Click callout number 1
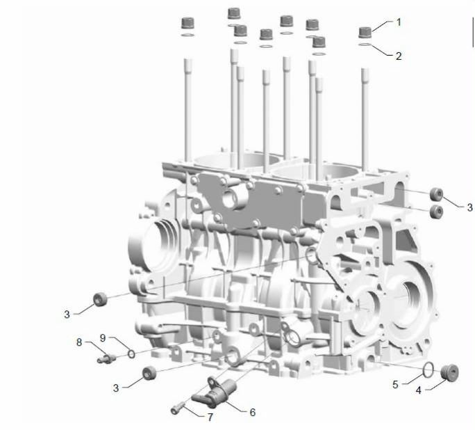click(x=399, y=22)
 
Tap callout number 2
click(x=399, y=56)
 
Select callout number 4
click(x=418, y=390)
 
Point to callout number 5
click(x=395, y=385)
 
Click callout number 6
click(x=253, y=412)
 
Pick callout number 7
click(x=210, y=417)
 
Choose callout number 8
click(x=79, y=342)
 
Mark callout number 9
click(x=103, y=337)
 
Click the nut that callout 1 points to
click(x=365, y=33)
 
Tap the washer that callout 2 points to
click(x=365, y=45)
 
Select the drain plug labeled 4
click(x=449, y=372)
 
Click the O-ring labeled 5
click(x=428, y=370)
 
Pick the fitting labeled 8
click(x=107, y=359)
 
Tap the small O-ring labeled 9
click(x=131, y=354)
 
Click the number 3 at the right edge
click(x=469, y=207)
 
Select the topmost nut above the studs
click(x=234, y=14)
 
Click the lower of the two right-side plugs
click(x=437, y=212)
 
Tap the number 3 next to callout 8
click(x=116, y=388)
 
